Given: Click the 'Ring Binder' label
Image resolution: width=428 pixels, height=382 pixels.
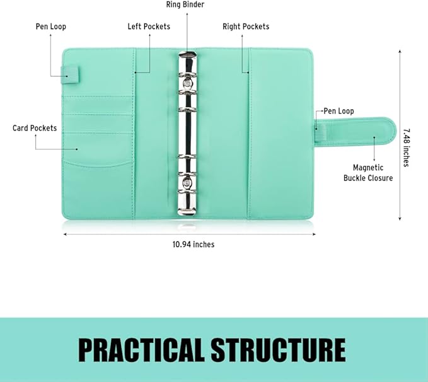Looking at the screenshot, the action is (x=185, y=4).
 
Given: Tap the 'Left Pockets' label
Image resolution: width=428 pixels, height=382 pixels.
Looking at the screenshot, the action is (x=149, y=26).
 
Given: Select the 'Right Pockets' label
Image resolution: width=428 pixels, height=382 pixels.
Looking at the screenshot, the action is (x=246, y=26).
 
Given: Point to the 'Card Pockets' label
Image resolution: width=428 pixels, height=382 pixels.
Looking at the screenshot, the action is (x=35, y=128).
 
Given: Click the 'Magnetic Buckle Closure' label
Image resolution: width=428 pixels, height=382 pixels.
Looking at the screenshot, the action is (x=368, y=173).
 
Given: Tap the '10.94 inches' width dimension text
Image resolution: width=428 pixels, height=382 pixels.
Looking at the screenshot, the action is (x=194, y=245).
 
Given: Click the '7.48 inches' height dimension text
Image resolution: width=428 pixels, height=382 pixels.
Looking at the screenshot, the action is (x=407, y=148).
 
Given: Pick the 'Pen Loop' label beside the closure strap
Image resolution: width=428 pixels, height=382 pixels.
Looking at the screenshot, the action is (x=338, y=111).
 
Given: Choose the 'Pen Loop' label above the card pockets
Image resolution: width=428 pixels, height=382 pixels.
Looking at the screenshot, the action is (x=51, y=26).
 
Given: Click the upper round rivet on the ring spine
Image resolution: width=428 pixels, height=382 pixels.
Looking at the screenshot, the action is (x=188, y=82).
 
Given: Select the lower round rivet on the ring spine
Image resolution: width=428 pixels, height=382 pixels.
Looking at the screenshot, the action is (x=188, y=182).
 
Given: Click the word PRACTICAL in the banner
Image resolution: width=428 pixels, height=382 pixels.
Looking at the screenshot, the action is (x=141, y=350).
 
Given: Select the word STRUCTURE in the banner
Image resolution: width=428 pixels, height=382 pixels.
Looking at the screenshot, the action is (x=279, y=350).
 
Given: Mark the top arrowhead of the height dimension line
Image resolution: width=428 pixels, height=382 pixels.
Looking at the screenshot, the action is (x=400, y=51).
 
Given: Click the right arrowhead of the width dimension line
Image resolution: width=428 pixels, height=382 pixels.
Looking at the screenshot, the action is (x=314, y=234).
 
